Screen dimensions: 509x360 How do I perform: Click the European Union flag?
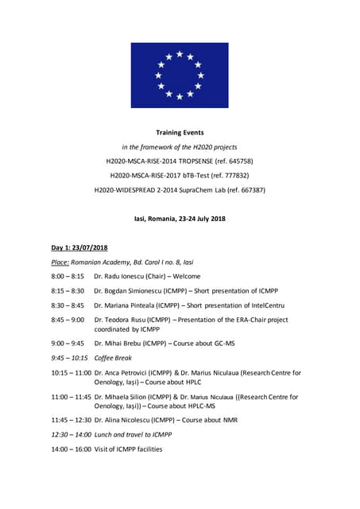[180, 76]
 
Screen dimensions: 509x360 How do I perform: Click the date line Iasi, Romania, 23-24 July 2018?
[180, 219]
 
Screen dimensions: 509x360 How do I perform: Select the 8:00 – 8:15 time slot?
[68, 276]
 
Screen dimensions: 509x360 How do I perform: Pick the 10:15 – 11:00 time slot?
[71, 372]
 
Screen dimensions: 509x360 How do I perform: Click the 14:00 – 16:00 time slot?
[71, 449]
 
